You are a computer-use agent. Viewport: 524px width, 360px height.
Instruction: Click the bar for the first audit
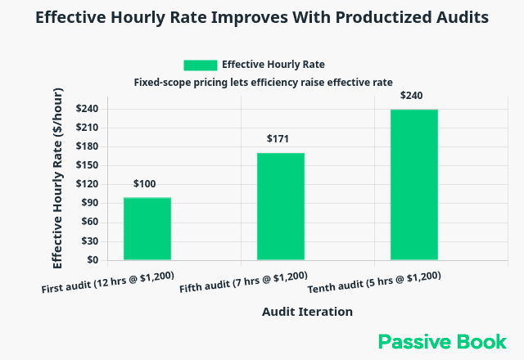point(147,229)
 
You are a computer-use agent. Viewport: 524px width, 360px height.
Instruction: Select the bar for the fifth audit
point(281,207)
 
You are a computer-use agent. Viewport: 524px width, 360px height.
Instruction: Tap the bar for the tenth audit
point(413,185)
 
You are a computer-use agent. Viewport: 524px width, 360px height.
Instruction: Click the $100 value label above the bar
point(144,184)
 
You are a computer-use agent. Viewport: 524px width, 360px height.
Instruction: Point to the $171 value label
point(278,139)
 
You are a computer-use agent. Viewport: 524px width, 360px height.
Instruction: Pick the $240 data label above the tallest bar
point(411,96)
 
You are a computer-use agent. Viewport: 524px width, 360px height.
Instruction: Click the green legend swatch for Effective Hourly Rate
point(200,65)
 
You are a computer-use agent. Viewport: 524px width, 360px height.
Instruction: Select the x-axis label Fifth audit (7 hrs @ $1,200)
point(243,282)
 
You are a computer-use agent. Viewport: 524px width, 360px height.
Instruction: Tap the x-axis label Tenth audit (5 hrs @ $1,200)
point(374,283)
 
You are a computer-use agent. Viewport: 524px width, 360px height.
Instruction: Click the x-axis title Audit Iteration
point(307,312)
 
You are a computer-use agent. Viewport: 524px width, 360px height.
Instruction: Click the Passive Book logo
point(442,341)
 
